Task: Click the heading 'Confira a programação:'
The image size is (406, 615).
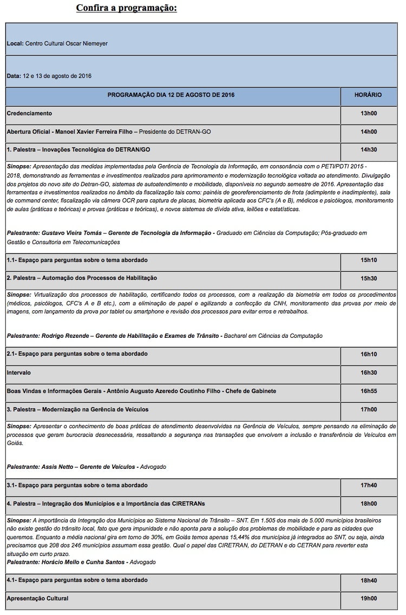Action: pyautogui.click(x=126, y=8)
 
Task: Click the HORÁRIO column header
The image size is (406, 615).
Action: pyautogui.click(x=368, y=95)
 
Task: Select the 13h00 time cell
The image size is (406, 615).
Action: pyautogui.click(x=368, y=113)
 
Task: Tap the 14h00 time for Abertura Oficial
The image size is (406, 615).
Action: pyautogui.click(x=368, y=132)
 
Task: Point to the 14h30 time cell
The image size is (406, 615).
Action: pyautogui.click(x=368, y=150)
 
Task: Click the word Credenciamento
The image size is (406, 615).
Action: pyautogui.click(x=29, y=113)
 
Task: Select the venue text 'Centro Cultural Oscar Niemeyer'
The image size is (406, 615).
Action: pyautogui.click(x=66, y=43)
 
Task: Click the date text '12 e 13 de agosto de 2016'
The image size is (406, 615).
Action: pyautogui.click(x=57, y=76)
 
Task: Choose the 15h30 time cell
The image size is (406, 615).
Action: pyautogui.click(x=368, y=278)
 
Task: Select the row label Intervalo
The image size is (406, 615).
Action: pyautogui.click(x=19, y=372)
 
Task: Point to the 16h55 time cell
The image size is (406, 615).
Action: pyautogui.click(x=368, y=391)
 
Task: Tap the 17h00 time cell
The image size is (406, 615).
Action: pyautogui.click(x=368, y=409)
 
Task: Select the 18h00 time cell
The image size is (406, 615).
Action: pyautogui.click(x=368, y=503)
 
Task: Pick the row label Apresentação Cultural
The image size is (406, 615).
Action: pyautogui.click(x=37, y=598)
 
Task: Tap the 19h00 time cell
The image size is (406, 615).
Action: pyautogui.click(x=368, y=598)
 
